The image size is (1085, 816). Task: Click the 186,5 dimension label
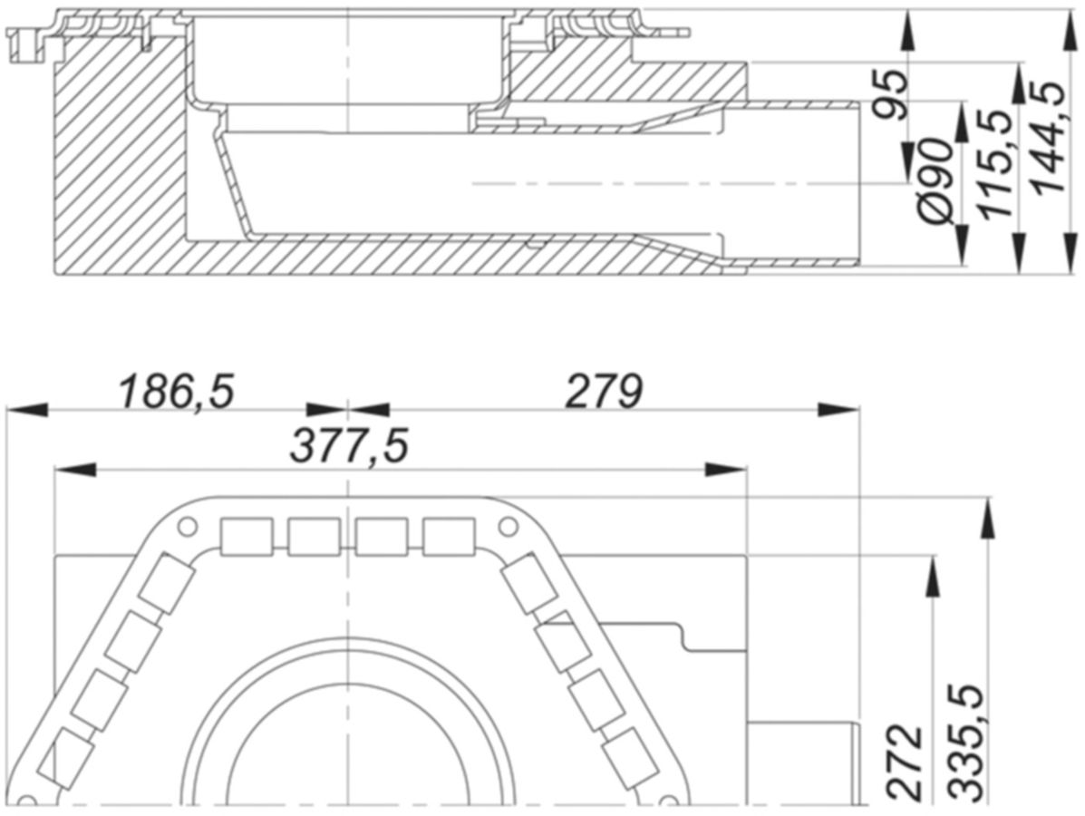click(x=177, y=391)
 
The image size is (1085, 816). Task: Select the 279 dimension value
click(x=604, y=392)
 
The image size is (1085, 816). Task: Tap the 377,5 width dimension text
click(x=350, y=446)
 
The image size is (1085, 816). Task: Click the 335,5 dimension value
click(x=966, y=744)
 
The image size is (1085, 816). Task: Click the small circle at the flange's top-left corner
click(x=186, y=528)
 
